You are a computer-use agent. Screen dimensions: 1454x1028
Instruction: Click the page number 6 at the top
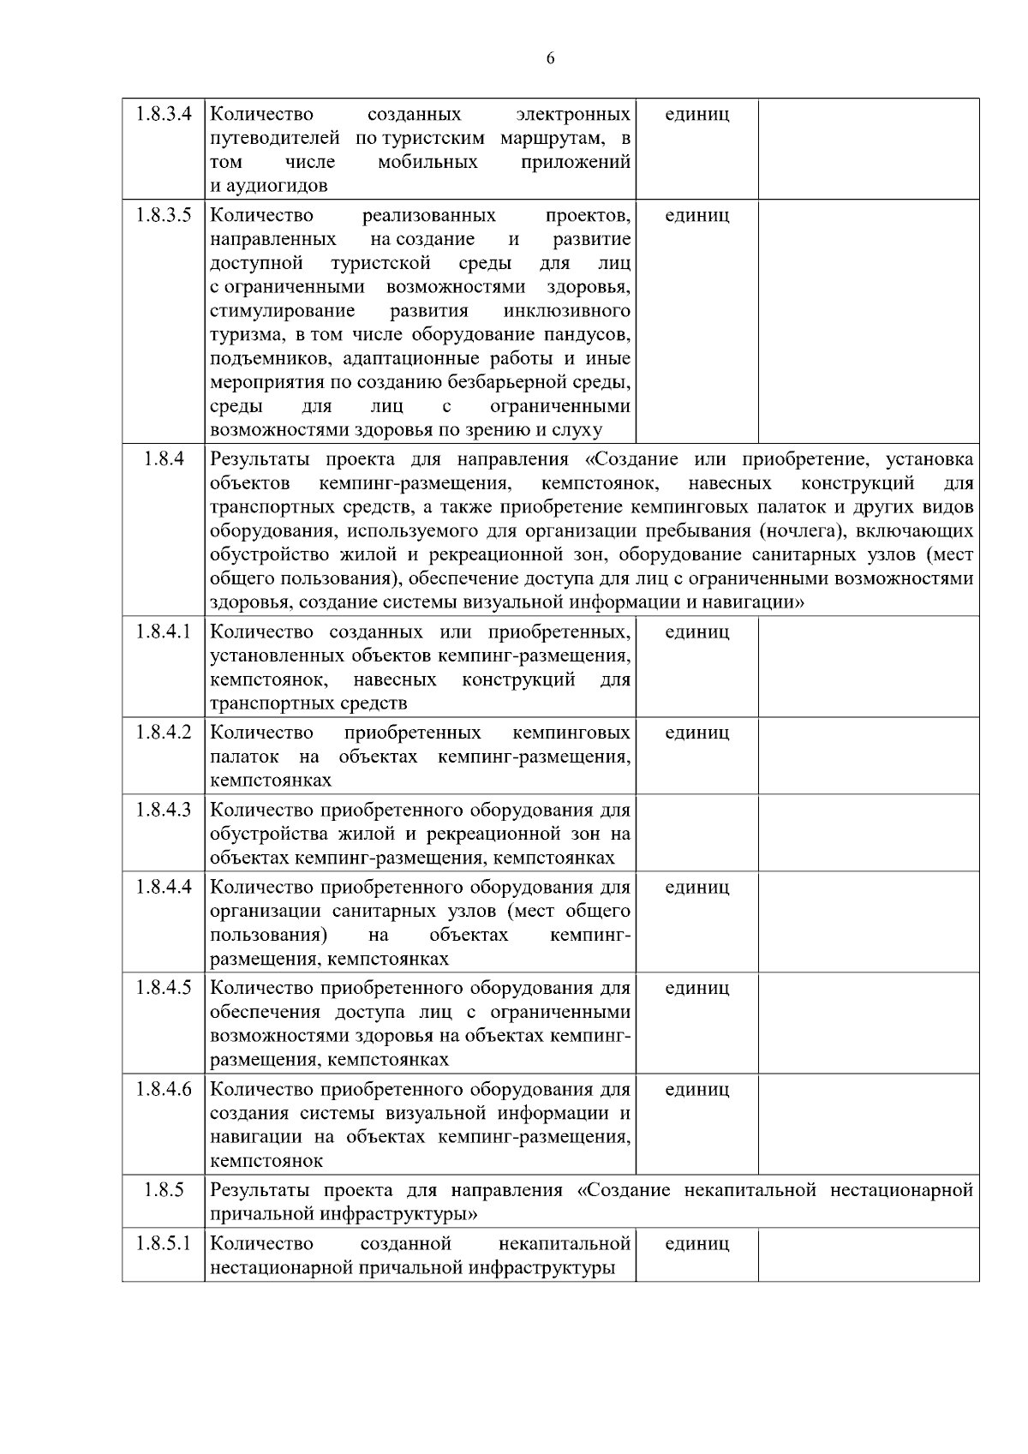(x=550, y=58)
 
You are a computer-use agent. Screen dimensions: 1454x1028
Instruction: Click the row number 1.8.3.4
(x=163, y=113)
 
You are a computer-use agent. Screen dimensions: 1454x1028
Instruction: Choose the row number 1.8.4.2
(x=163, y=733)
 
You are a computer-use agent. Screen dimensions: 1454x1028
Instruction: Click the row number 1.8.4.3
(x=163, y=810)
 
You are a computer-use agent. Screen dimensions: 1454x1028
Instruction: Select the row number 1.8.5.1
(x=163, y=1243)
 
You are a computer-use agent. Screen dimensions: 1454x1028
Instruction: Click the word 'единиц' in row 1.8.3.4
(x=696, y=114)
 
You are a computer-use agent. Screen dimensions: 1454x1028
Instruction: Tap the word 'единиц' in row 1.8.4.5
(x=696, y=988)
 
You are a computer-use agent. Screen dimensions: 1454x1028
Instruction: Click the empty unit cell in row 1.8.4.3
(x=696, y=832)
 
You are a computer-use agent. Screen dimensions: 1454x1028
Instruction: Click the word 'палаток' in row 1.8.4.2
(x=244, y=757)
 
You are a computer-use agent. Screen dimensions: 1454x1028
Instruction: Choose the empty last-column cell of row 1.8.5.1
(x=868, y=1254)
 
